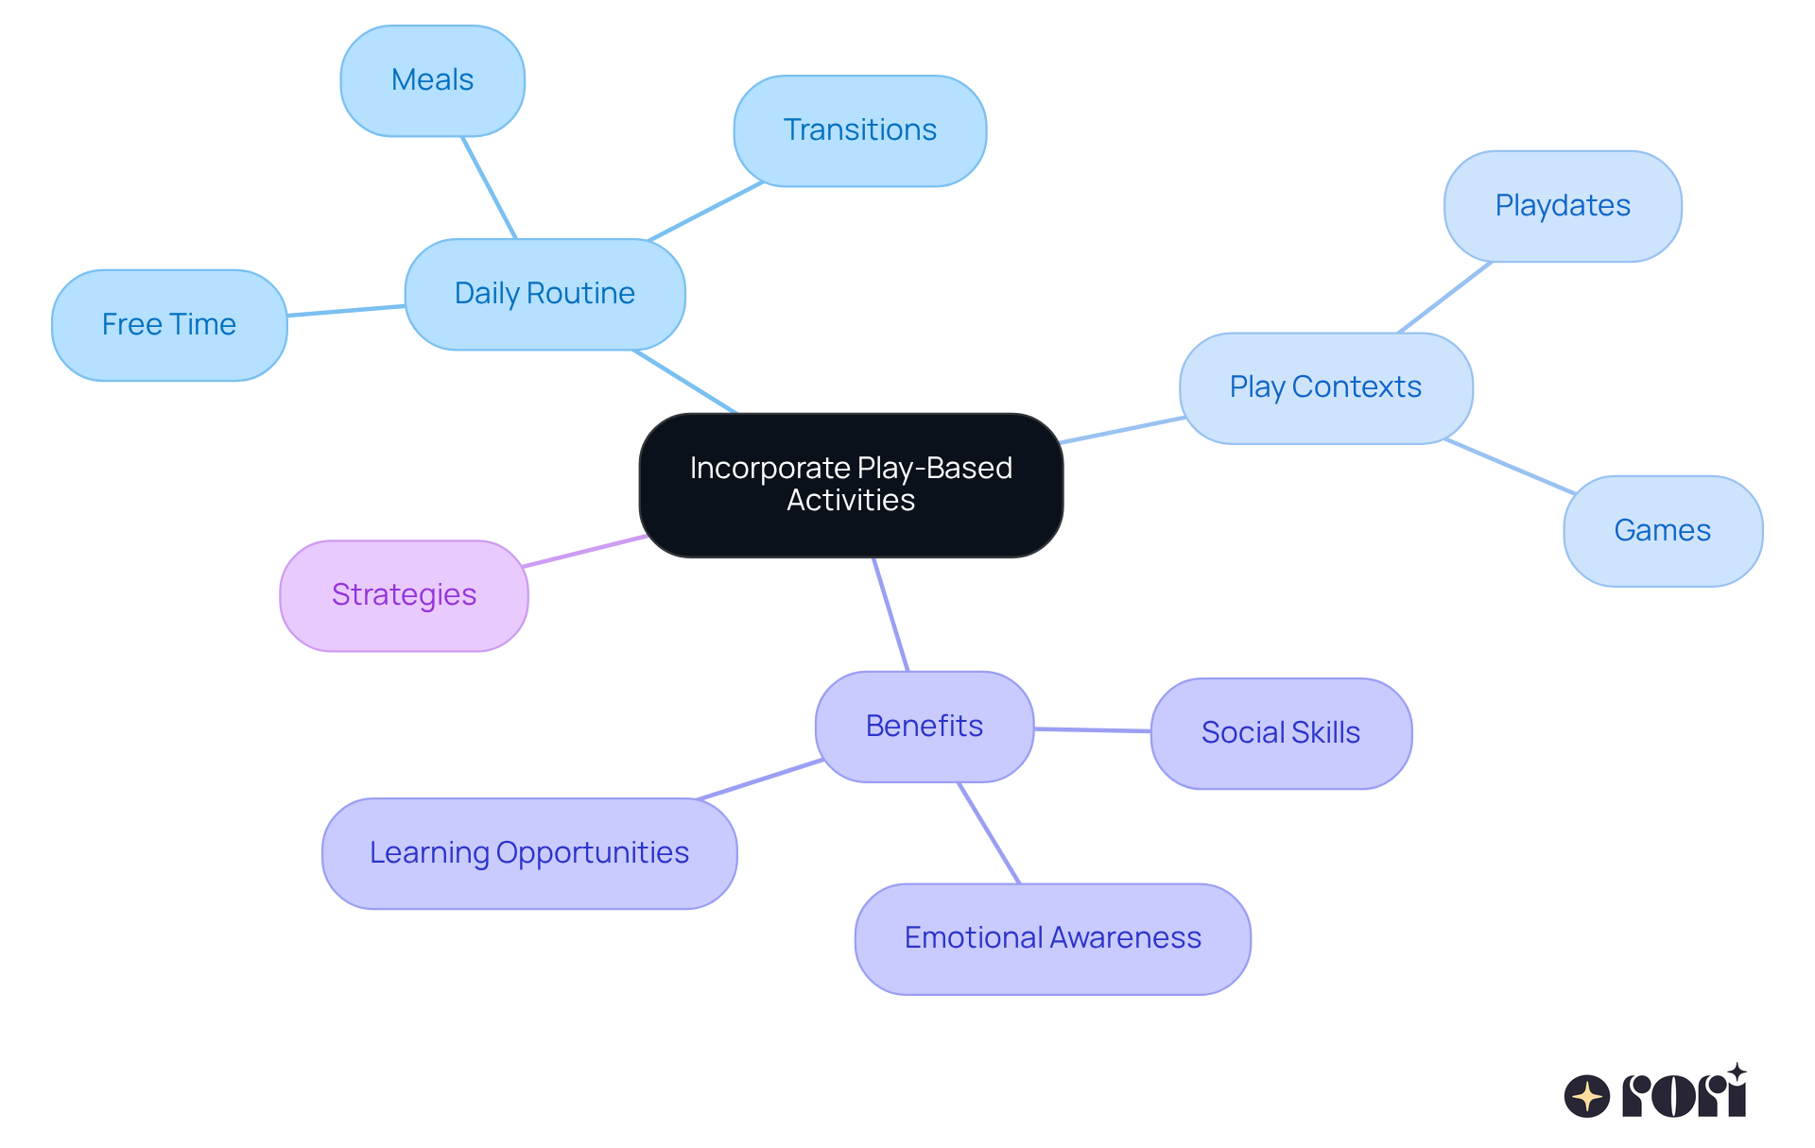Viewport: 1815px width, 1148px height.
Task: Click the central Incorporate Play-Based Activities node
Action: (851, 485)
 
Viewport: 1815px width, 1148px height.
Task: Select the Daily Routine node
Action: (544, 294)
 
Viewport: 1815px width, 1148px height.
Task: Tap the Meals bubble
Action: (432, 80)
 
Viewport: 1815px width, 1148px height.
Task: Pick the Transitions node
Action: (859, 130)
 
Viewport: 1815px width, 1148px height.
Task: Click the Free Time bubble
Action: (169, 325)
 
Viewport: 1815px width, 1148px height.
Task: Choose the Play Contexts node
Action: (1325, 387)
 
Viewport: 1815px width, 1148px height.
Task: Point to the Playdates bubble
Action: (1562, 206)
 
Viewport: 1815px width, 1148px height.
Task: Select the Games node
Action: (1662, 531)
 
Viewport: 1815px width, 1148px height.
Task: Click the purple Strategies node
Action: (404, 595)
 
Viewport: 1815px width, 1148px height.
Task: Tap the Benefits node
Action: (924, 727)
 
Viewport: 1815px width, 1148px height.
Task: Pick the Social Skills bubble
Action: (1280, 733)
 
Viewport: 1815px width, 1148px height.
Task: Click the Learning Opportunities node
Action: (528, 853)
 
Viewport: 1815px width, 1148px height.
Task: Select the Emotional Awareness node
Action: (1052, 938)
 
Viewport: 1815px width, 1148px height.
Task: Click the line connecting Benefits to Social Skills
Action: (1092, 729)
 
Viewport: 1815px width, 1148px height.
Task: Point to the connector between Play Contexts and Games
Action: (1510, 466)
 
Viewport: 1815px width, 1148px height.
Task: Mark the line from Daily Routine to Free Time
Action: (346, 311)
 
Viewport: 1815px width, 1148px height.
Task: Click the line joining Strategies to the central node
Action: (584, 551)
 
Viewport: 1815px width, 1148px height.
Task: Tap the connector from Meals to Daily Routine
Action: (489, 187)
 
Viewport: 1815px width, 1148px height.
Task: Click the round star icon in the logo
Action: (1586, 1096)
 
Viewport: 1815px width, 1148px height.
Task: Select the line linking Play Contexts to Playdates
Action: (1444, 297)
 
